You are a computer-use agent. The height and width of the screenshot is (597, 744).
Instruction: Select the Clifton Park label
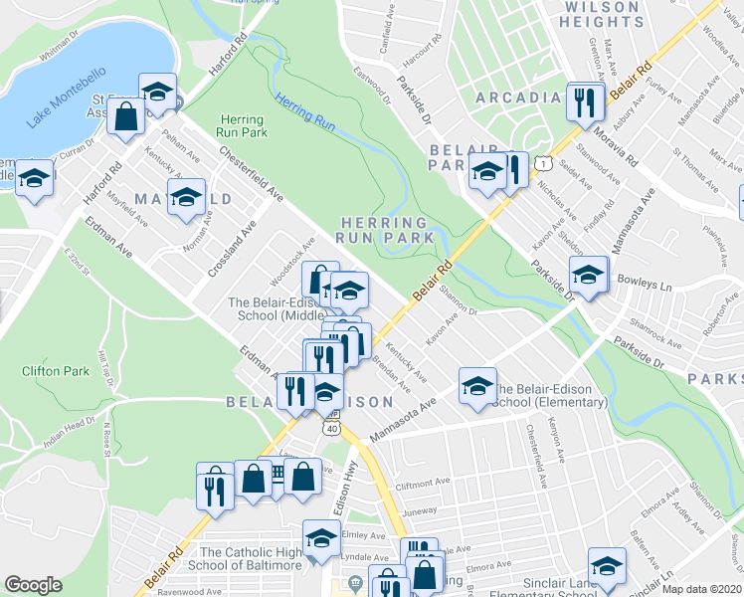click(49, 371)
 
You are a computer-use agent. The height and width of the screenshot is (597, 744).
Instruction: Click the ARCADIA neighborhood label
click(518, 98)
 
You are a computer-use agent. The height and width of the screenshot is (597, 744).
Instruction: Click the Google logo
click(33, 584)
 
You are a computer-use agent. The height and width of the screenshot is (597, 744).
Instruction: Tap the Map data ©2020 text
click(701, 589)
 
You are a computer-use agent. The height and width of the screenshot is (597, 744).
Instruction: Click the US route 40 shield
click(332, 428)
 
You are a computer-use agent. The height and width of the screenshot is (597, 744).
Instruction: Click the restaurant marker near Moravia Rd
click(584, 100)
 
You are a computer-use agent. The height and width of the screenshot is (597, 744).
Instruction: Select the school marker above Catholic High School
click(320, 538)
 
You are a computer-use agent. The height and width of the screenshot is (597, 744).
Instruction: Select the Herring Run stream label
click(304, 111)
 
